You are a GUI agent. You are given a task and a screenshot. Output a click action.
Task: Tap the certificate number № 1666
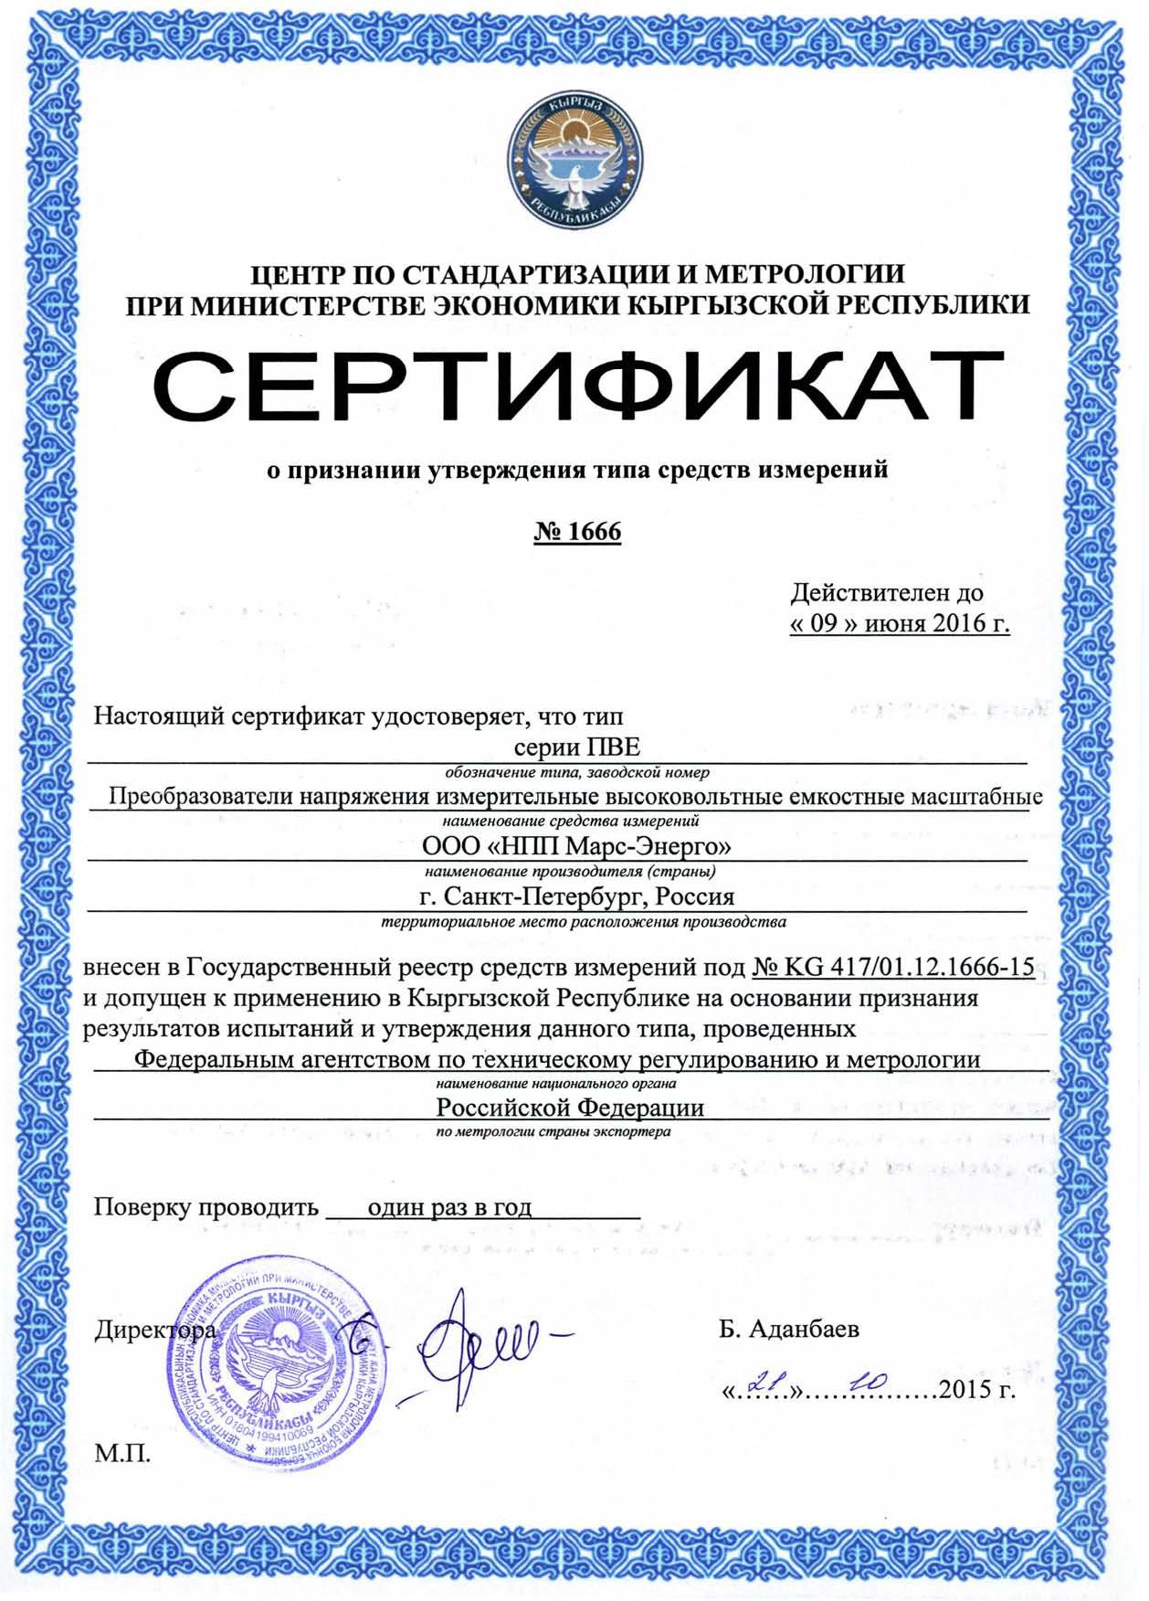pos(577,531)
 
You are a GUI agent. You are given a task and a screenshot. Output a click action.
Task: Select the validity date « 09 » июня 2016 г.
pos(900,623)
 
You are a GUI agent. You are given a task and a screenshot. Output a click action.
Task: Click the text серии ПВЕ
pos(577,747)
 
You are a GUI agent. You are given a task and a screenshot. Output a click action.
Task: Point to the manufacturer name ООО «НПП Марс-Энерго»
pos(576,845)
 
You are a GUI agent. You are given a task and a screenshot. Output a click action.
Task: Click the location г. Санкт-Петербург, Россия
pos(576,896)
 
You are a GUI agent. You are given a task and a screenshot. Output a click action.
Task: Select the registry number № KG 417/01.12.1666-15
pos(893,967)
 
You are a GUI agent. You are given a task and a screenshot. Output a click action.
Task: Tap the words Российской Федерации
pos(570,1108)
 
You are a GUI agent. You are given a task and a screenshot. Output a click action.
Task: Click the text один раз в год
pos(449,1207)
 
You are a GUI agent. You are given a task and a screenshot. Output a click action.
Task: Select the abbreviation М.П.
pos(122,1453)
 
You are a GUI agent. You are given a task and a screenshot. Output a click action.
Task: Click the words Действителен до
pos(887,593)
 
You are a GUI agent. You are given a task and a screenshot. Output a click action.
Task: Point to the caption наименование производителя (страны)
pos(570,871)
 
